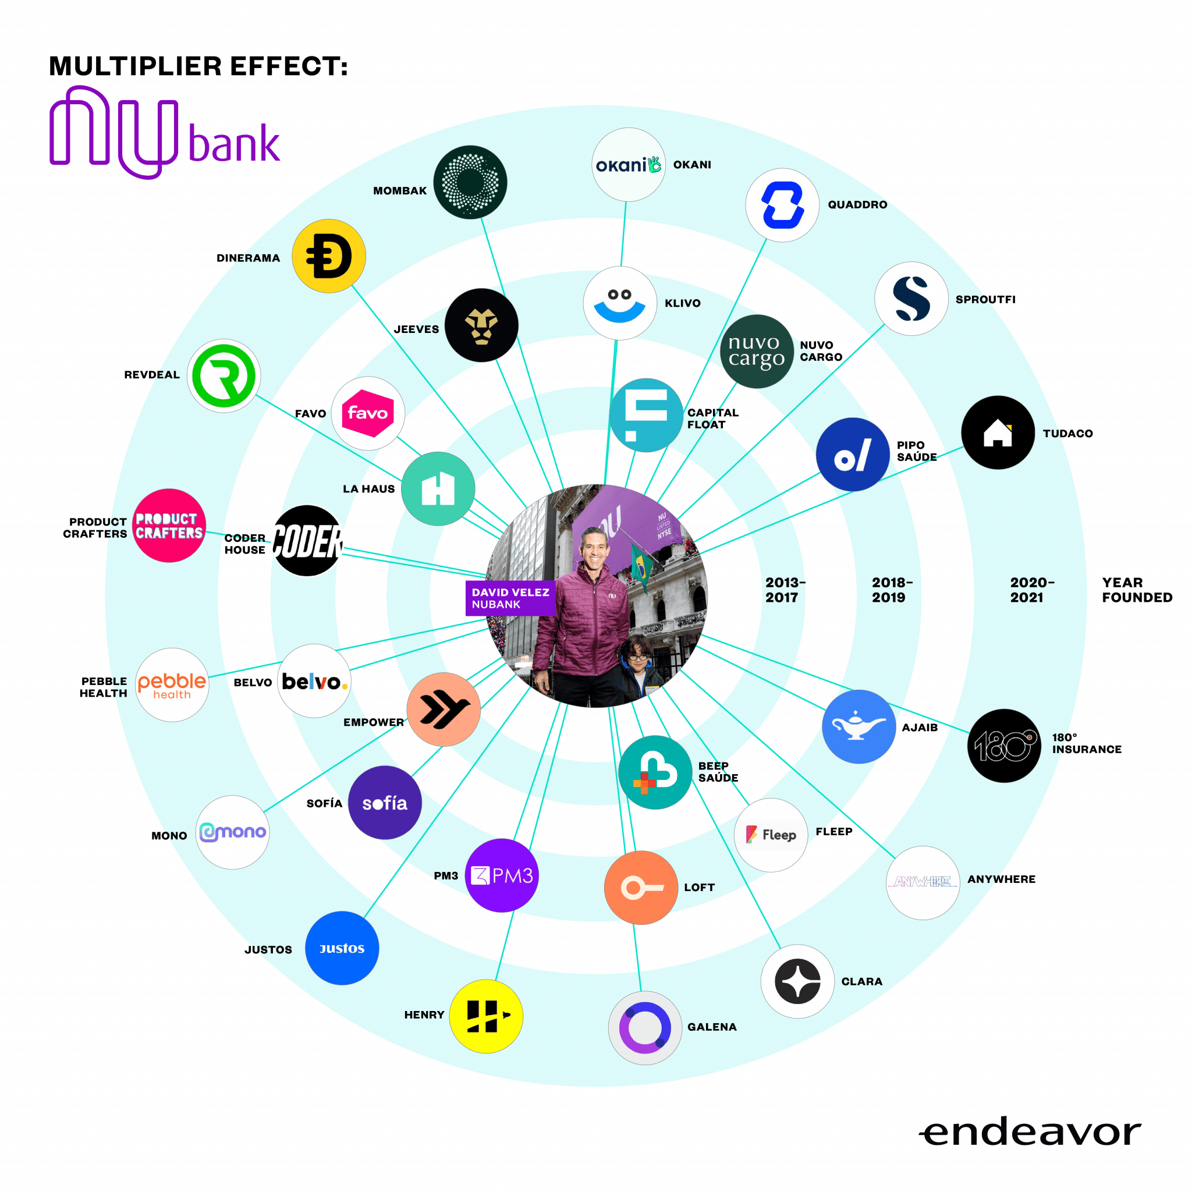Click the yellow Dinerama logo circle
point(329,256)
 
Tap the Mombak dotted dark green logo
point(470,182)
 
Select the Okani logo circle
point(629,165)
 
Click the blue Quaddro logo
point(782,205)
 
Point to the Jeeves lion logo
point(481,325)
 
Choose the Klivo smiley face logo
point(619,303)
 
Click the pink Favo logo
point(368,413)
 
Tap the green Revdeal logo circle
point(224,376)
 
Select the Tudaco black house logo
point(998,432)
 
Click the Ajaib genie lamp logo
point(859,727)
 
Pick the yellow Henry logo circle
point(486,1016)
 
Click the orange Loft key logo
point(641,888)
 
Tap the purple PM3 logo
point(502,875)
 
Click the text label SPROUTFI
point(985,300)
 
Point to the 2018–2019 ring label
point(892,590)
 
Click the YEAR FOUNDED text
point(1137,590)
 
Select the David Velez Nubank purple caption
point(510,598)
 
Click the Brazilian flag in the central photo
point(640,566)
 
